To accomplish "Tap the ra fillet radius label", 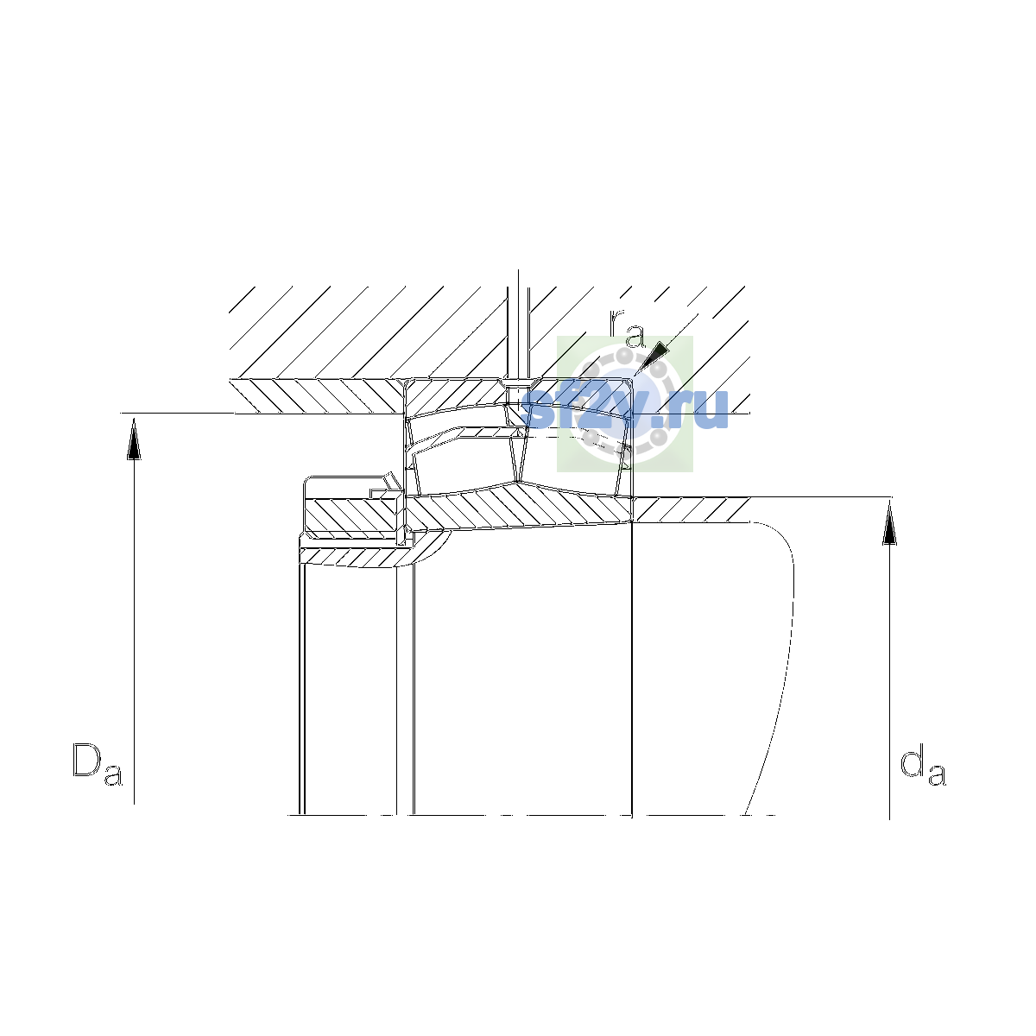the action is coord(627,328).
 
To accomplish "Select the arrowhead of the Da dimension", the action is coord(134,439).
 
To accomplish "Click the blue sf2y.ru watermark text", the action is coord(624,410).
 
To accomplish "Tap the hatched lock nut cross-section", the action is coord(352,515).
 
